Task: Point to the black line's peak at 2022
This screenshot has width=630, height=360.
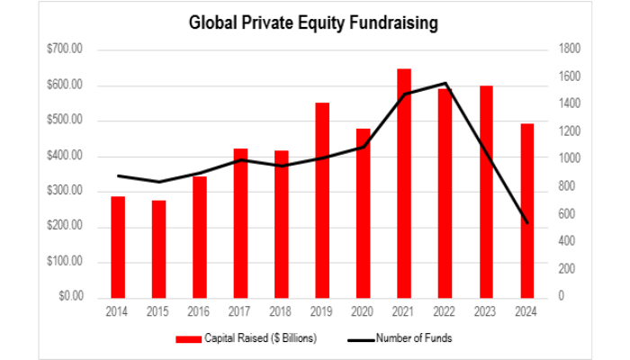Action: coord(445,84)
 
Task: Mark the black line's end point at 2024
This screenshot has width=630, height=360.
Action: coord(526,222)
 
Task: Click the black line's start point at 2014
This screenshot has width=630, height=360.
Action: coord(118,175)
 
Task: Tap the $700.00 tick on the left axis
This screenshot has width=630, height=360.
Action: coord(64,49)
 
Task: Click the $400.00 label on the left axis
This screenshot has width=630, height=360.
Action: coord(64,156)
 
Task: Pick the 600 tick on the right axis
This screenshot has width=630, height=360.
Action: coord(566,214)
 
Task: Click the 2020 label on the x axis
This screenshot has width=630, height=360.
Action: coord(363,310)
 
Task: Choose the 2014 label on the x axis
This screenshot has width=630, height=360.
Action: coord(118,310)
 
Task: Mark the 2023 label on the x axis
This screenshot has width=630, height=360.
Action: coord(486,310)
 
